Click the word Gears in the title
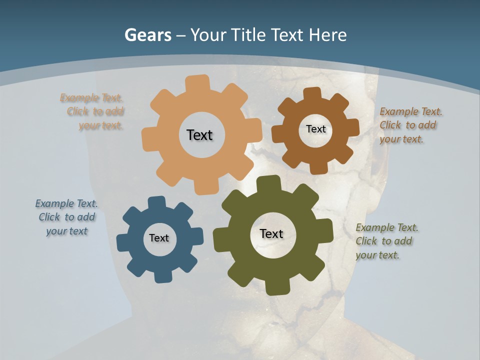coord(147,35)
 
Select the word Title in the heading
coord(247,35)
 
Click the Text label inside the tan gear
coord(199,135)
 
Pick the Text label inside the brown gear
coord(315,129)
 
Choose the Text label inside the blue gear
coord(159,238)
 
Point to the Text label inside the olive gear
coord(271,233)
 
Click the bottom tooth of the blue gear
coord(162,276)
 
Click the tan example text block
coord(93,111)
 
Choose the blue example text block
coord(67,217)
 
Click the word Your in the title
coord(208,35)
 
